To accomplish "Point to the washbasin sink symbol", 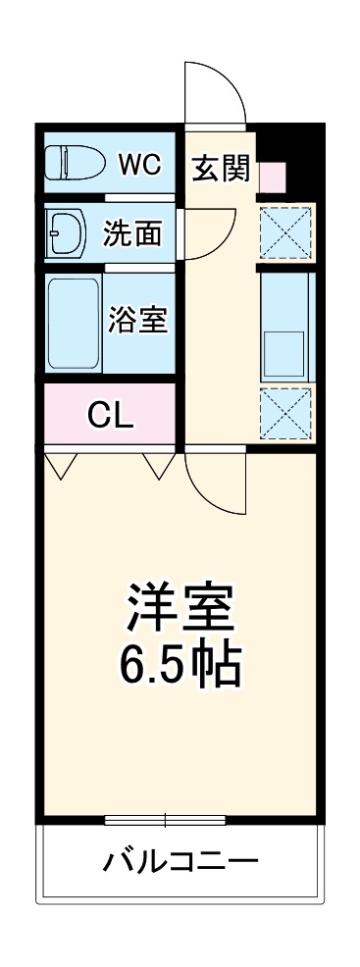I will [x=66, y=233].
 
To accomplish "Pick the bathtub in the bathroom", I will [x=75, y=324].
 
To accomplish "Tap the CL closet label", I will [x=110, y=416].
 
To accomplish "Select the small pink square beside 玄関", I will [x=272, y=177].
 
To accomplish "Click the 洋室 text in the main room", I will [x=180, y=609].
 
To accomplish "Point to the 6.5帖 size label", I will [x=180, y=667].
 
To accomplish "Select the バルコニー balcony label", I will [x=180, y=862].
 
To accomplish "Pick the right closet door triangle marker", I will [x=159, y=465].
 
